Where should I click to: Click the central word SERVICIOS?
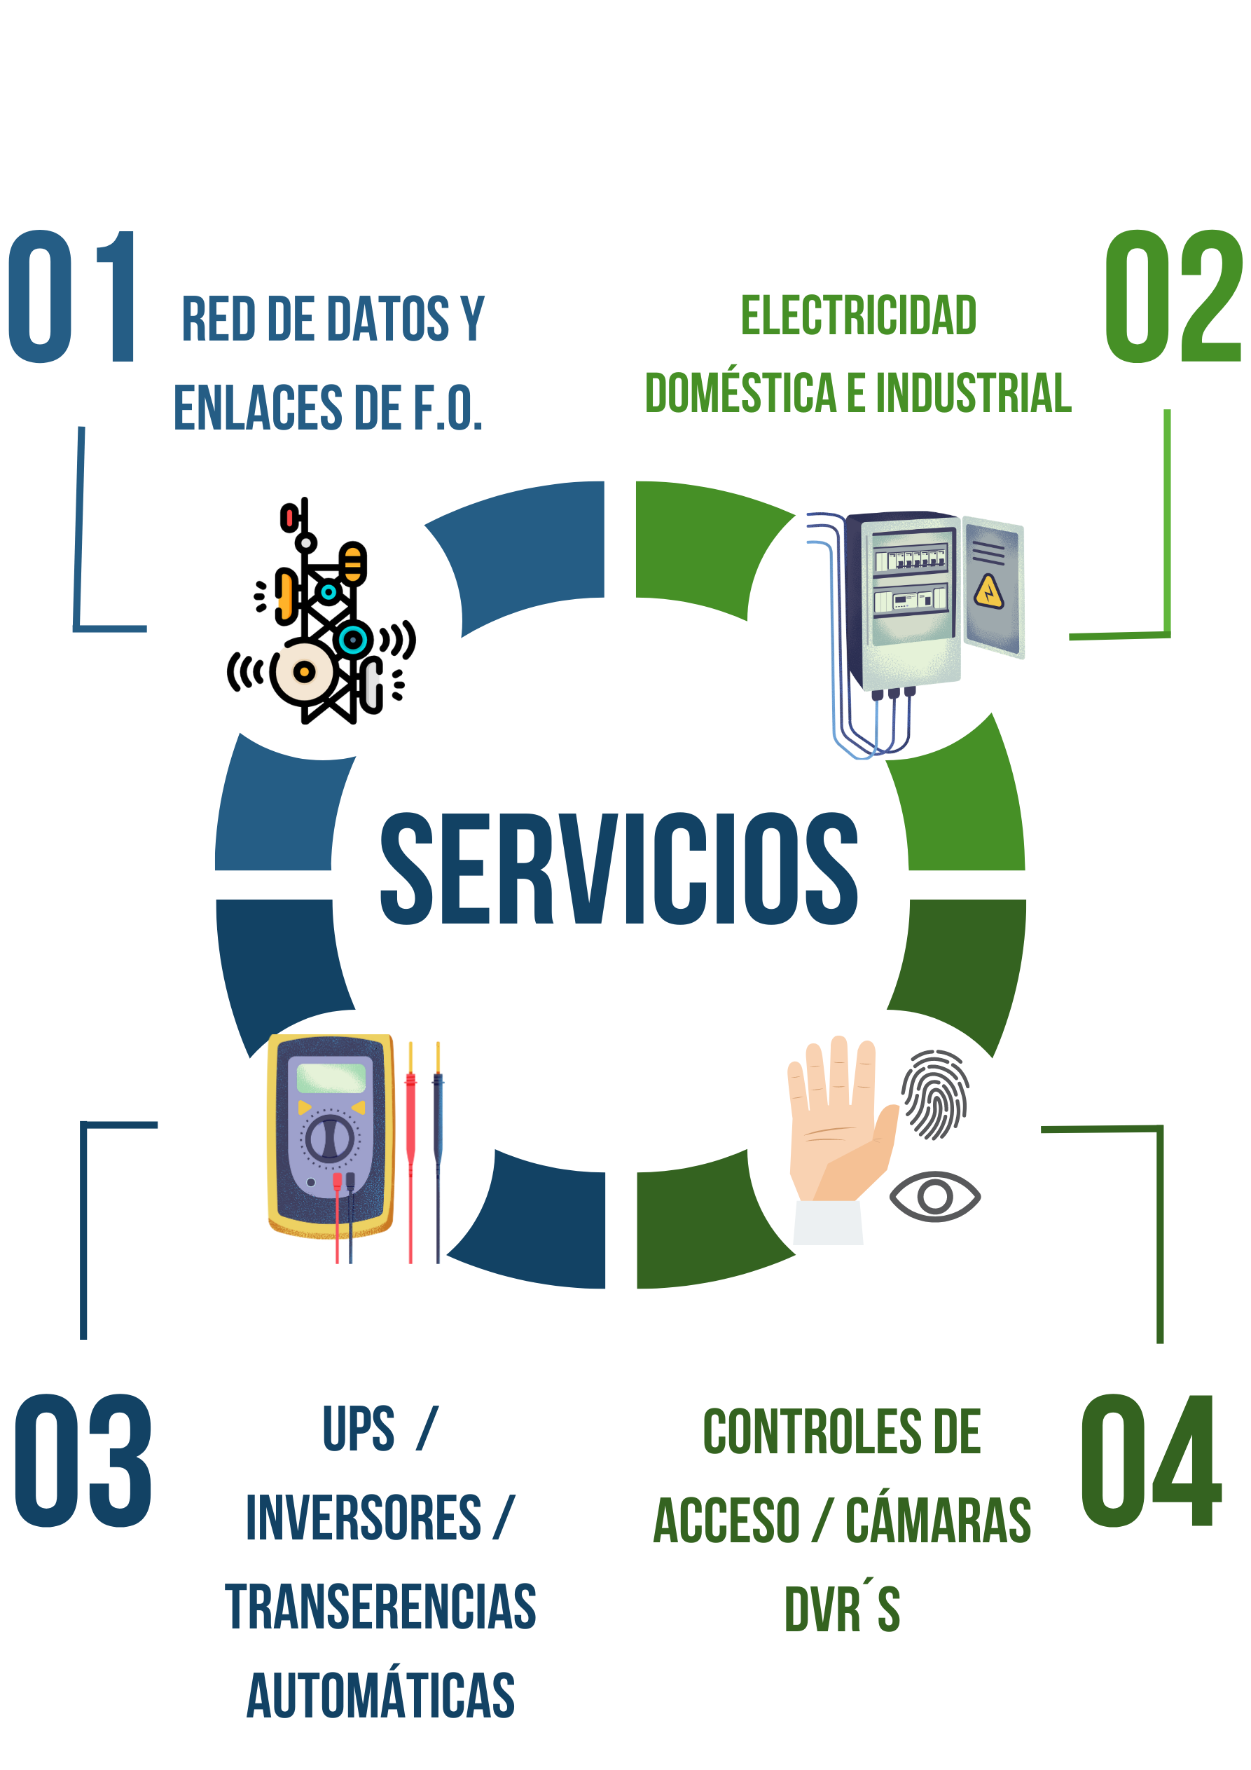click(x=619, y=868)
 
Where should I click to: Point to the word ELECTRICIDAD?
click(x=859, y=316)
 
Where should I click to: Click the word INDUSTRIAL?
click(x=973, y=393)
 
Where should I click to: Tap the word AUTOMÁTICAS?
click(x=381, y=1695)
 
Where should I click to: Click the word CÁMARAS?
click(x=938, y=1521)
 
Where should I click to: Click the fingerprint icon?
click(x=935, y=1094)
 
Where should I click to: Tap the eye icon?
click(x=934, y=1195)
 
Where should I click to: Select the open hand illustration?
click(x=836, y=1133)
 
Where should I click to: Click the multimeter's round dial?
click(x=330, y=1139)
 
